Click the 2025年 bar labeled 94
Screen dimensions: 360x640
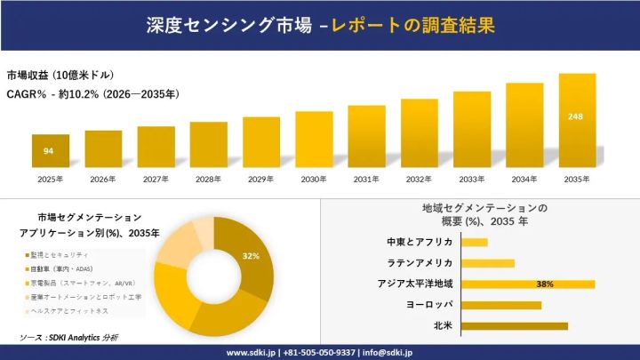(x=51, y=151)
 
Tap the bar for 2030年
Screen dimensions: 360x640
(x=314, y=140)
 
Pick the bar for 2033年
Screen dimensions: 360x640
(x=472, y=130)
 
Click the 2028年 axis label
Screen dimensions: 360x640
(x=208, y=180)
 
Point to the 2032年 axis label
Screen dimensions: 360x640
(x=419, y=180)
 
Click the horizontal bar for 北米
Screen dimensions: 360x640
(x=515, y=326)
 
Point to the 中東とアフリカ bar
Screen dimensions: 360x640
(x=475, y=243)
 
